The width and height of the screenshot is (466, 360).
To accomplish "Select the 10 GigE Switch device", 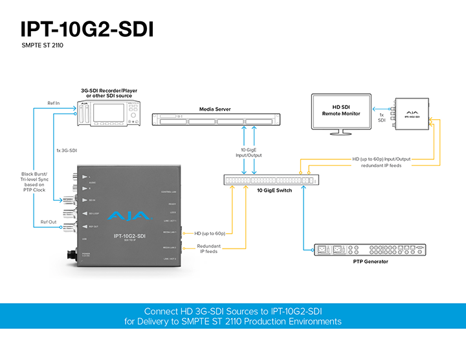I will (x=271, y=181).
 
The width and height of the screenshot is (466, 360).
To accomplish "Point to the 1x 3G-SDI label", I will (x=68, y=151).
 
